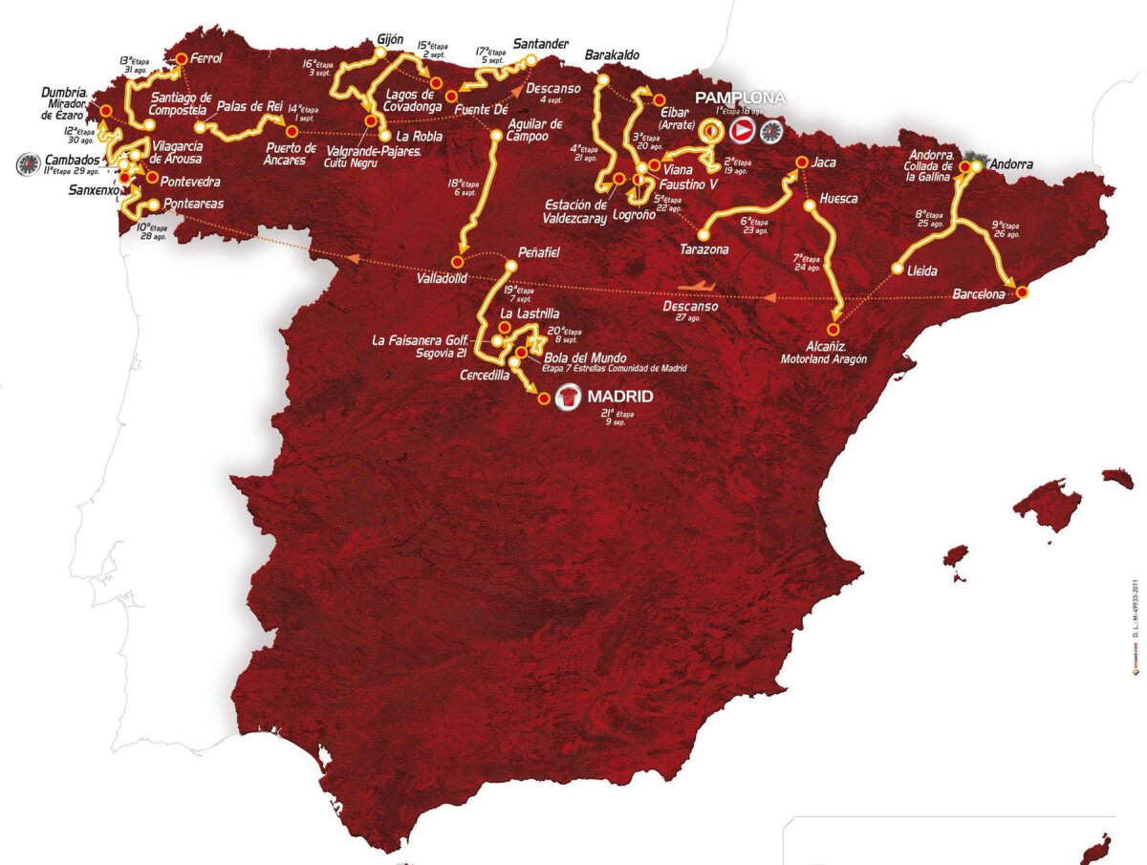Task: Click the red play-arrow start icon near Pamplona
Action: [x=742, y=131]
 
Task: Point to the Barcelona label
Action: [x=979, y=294]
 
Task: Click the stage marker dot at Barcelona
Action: [x=1021, y=292]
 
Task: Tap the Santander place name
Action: [x=541, y=44]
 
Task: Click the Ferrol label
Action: [x=206, y=58]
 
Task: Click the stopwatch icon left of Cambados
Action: [x=28, y=164]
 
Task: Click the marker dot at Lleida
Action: [x=897, y=270]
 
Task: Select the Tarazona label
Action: [x=704, y=249]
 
